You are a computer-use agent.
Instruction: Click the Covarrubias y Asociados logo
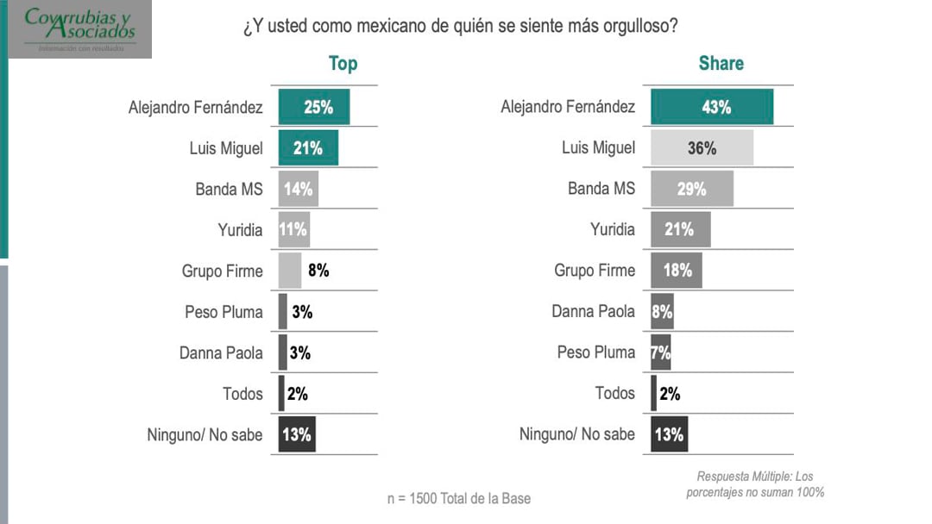80,29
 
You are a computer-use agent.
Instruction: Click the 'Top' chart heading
343,64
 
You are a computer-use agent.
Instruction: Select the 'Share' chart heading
721,64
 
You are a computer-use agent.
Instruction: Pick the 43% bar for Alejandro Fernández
712,108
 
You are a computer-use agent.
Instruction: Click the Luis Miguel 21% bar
308,148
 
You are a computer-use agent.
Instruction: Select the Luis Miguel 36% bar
702,148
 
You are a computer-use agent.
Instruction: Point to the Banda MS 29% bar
692,189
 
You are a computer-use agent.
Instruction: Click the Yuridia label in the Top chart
240,230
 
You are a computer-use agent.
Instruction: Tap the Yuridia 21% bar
680,229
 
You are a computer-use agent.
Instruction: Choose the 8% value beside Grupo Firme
318,271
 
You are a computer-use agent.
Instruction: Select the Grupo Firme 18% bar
677,271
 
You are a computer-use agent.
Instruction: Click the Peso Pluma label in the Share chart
595,352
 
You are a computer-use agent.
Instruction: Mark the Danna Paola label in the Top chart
221,352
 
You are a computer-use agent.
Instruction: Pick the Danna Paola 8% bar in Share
662,312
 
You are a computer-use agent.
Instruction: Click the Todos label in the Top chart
242,394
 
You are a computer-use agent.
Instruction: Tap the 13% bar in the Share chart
670,434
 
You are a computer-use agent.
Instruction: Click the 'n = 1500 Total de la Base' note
459,498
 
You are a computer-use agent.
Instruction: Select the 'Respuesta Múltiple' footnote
755,484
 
